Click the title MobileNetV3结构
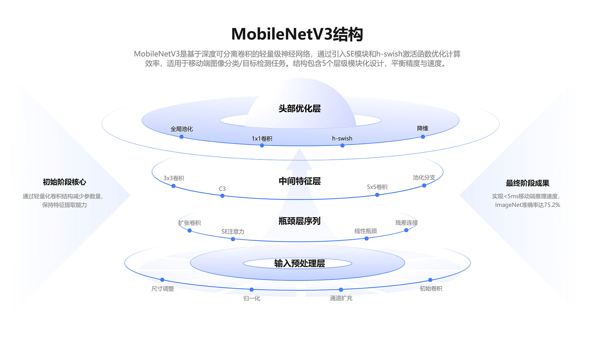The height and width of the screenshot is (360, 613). pos(297,34)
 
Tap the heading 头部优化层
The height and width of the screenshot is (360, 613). pos(299,109)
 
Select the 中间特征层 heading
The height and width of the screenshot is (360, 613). pos(299,181)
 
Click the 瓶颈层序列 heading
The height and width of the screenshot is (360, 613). pos(299,221)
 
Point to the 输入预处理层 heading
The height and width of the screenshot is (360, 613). pos(299,263)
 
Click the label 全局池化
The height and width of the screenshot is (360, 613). pos(182,129)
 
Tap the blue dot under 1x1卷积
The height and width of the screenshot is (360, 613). pos(262,145)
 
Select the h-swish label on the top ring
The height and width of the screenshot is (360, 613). pos(342,138)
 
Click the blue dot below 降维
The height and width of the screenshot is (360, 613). pos(423,137)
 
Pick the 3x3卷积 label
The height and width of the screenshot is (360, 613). pos(174,178)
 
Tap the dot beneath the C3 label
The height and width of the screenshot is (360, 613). pos(223,196)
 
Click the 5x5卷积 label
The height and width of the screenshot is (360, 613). pos(377,187)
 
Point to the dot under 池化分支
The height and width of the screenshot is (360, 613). pos(424,186)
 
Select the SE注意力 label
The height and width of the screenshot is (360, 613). pos(233,232)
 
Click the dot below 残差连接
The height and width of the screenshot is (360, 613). pos(406,230)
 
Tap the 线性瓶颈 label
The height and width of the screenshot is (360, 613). pos(366,231)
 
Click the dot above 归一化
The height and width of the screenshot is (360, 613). pos(252,289)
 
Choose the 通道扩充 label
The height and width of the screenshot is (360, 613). pos(341,298)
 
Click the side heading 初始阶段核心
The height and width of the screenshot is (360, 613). pos(64,182)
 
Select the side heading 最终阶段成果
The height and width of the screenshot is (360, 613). pos(527,183)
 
